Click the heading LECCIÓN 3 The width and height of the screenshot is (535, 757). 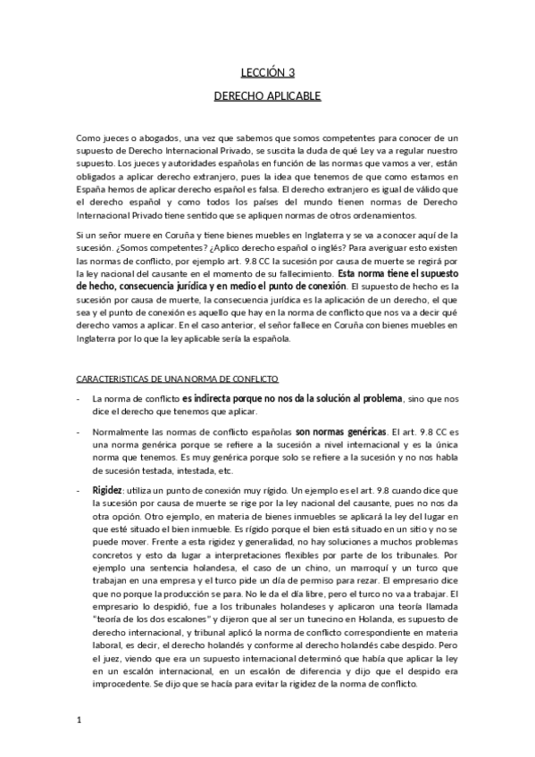pos(267,73)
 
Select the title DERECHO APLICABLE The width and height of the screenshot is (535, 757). pos(267,95)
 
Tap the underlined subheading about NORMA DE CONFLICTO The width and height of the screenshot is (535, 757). pos(178,379)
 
